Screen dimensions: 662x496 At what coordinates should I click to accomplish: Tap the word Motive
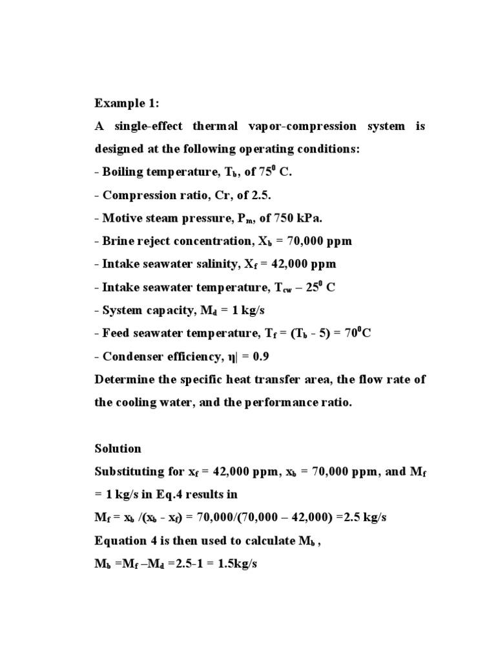[121, 218]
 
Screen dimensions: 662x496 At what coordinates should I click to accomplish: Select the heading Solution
[118, 448]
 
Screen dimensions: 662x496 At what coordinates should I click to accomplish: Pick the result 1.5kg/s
[236, 563]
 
